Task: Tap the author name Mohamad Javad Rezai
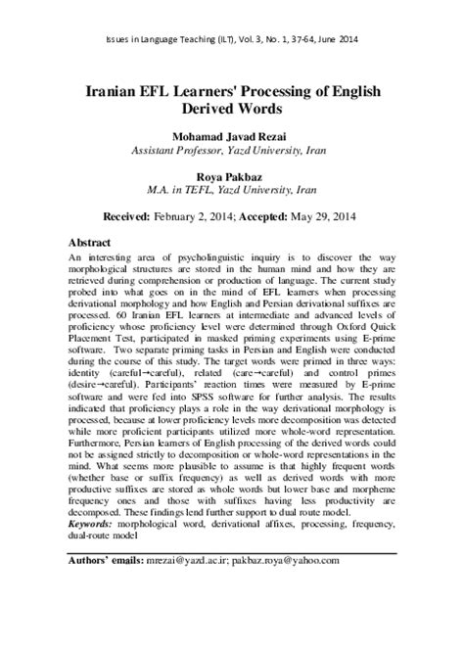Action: pyautogui.click(x=232, y=137)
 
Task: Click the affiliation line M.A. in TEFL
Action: pyautogui.click(x=232, y=191)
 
